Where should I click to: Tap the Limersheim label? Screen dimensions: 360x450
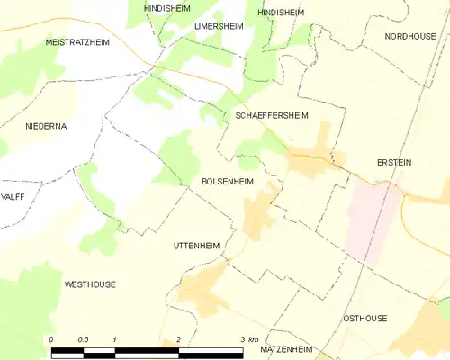(220, 27)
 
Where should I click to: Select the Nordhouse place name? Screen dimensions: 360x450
(409, 36)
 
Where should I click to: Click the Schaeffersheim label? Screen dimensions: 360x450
(273, 116)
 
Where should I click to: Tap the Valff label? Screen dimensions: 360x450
(13, 196)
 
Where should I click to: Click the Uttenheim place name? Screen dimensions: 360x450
(196, 246)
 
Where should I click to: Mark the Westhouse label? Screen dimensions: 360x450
(90, 284)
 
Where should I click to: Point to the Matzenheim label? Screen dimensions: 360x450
(285, 347)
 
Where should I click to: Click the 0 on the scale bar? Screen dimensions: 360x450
(51, 338)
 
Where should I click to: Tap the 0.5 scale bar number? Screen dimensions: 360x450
(82, 338)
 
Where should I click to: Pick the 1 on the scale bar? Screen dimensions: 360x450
(115, 338)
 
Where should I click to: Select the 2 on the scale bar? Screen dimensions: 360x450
(179, 338)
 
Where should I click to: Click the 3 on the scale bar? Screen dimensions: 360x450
(242, 338)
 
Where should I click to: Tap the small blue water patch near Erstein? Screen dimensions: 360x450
(379, 183)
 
